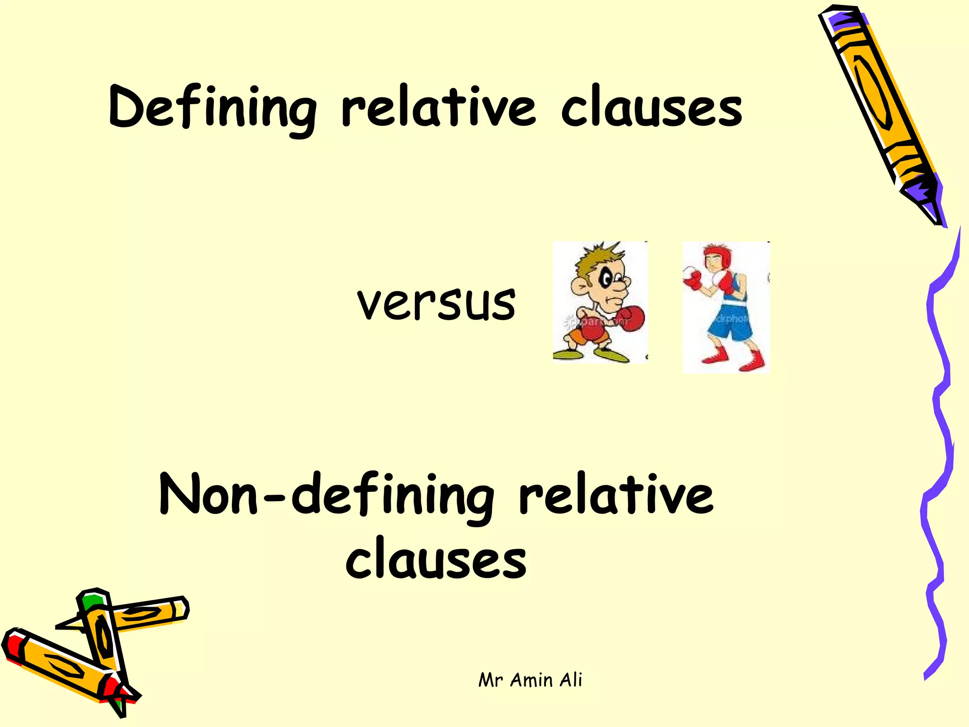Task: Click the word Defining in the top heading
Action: click(x=212, y=108)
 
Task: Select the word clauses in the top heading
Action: click(x=651, y=108)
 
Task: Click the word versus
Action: click(x=436, y=303)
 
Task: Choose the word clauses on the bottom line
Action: click(x=436, y=559)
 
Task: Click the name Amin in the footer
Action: click(x=531, y=680)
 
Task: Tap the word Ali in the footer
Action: click(x=571, y=680)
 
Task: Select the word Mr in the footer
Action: click(x=490, y=681)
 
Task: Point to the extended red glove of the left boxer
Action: click(x=630, y=318)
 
